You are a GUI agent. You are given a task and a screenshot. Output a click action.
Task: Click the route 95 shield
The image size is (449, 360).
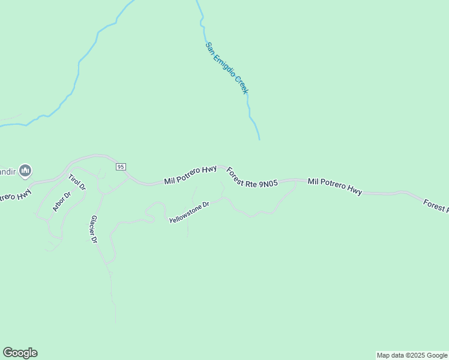121,166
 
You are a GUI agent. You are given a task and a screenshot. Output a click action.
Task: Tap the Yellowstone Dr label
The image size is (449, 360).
188,212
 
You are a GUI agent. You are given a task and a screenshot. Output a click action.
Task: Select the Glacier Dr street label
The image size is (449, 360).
94,230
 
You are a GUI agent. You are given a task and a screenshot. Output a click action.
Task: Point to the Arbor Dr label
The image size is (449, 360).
61,202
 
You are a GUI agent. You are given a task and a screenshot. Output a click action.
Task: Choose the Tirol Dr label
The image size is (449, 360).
77,182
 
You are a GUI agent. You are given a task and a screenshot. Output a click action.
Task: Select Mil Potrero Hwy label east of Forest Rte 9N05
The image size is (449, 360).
335,186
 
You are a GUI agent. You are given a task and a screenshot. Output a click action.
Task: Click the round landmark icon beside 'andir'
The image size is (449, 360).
25,172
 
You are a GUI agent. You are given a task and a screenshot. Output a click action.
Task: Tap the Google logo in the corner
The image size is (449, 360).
20,353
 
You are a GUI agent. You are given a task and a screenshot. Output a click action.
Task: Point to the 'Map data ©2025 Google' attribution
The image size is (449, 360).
412,355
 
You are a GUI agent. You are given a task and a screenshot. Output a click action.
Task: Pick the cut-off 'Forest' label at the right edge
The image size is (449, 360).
436,206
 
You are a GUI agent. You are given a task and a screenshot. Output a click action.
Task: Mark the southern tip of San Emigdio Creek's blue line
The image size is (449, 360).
259,140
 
